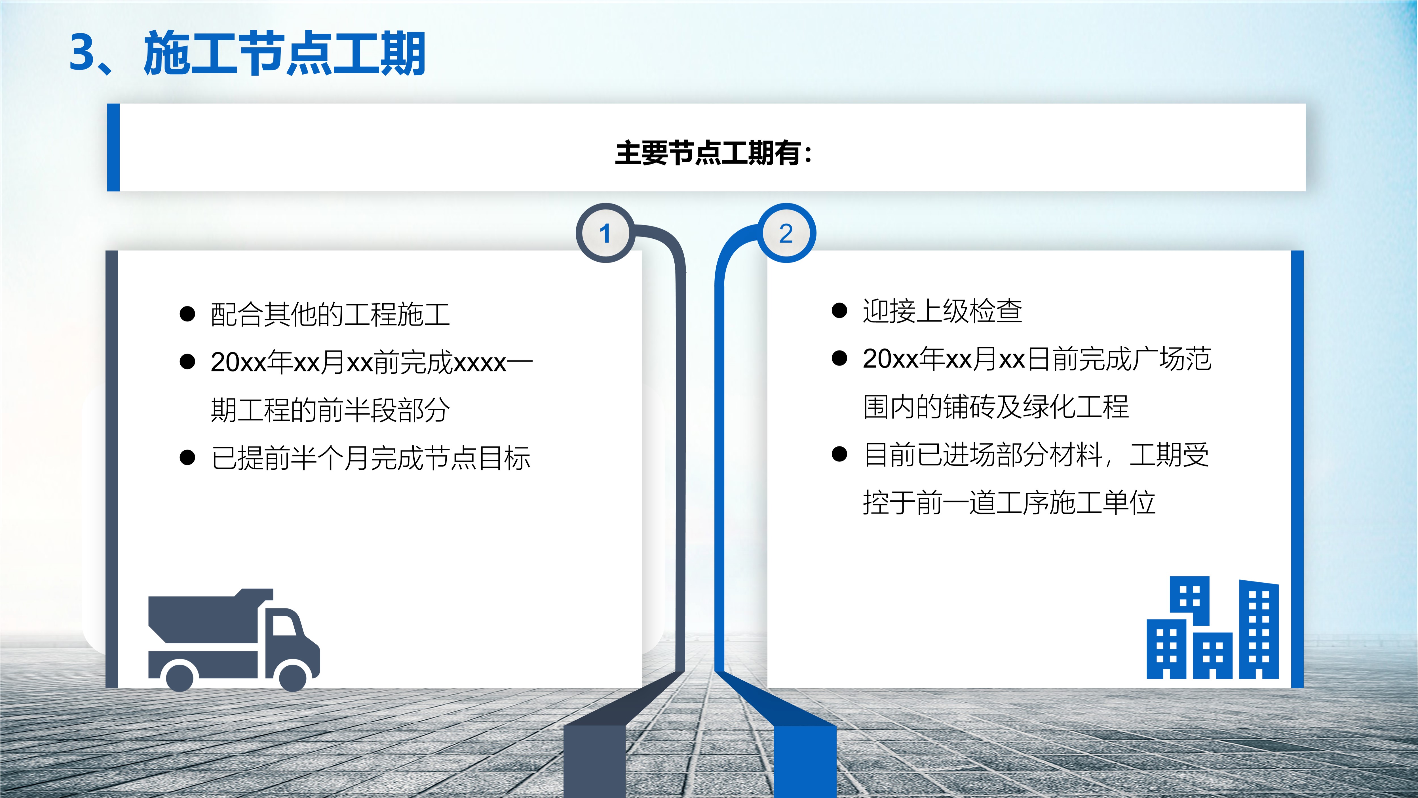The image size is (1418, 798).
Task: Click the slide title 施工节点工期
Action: click(x=284, y=53)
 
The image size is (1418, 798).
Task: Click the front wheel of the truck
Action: click(x=293, y=676)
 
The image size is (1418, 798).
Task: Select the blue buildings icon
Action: click(x=1213, y=628)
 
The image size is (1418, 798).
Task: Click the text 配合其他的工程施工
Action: click(x=330, y=314)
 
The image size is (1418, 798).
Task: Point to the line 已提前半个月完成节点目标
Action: click(x=370, y=458)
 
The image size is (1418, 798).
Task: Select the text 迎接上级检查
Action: click(x=942, y=311)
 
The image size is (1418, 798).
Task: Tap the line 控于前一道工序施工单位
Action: click(x=1009, y=503)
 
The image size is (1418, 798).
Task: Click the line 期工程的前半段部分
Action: click(x=330, y=410)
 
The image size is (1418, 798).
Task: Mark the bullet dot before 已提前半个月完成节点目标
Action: click(x=188, y=458)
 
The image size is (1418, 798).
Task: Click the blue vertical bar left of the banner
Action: click(x=113, y=148)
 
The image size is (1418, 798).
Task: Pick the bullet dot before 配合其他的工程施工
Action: click(x=188, y=314)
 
